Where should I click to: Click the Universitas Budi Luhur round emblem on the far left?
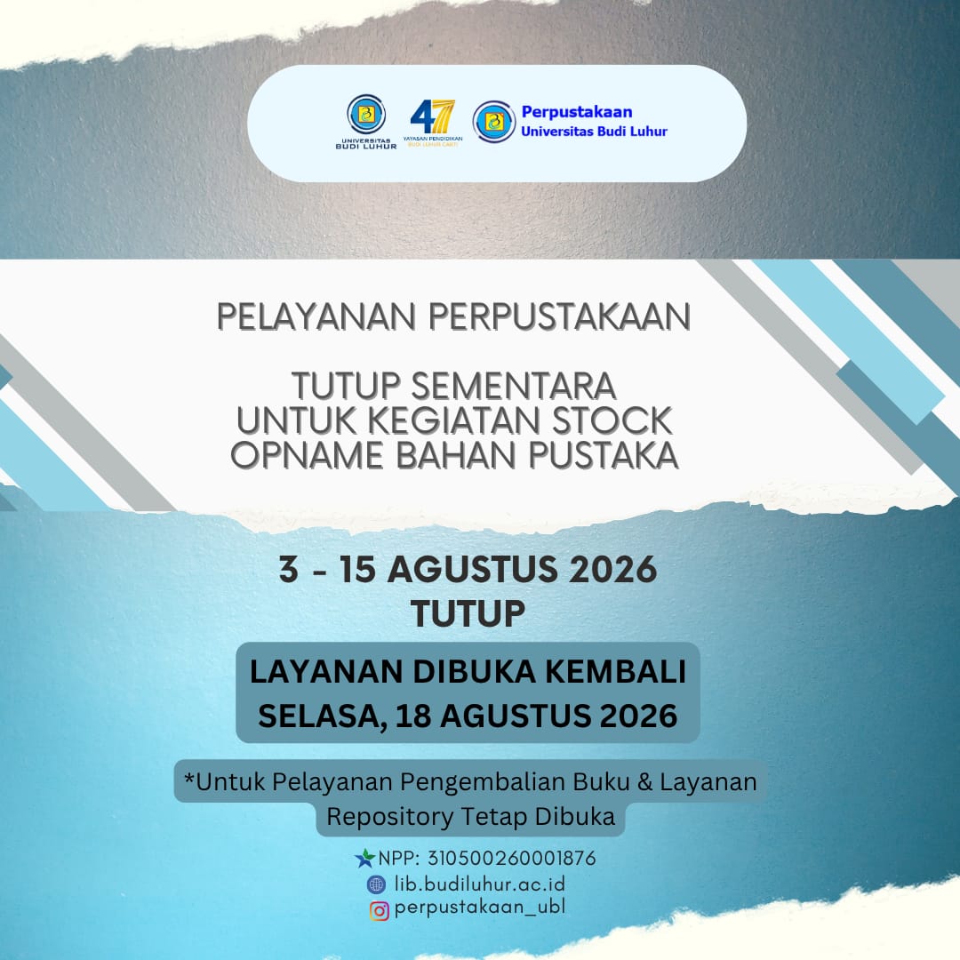(366, 115)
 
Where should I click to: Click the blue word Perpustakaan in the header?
(577, 112)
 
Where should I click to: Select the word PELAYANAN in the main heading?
(316, 316)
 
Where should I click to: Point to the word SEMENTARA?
(514, 386)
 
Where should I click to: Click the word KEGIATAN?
(455, 420)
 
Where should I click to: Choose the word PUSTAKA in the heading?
(604, 455)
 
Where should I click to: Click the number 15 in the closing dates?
(357, 569)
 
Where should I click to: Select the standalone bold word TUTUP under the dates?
(468, 612)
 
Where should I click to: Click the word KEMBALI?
(615, 671)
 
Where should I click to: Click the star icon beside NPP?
(365, 859)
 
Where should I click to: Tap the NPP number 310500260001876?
(511, 859)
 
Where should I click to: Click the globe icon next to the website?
(377, 884)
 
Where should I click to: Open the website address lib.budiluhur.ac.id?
(480, 884)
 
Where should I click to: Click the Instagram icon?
(379, 911)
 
